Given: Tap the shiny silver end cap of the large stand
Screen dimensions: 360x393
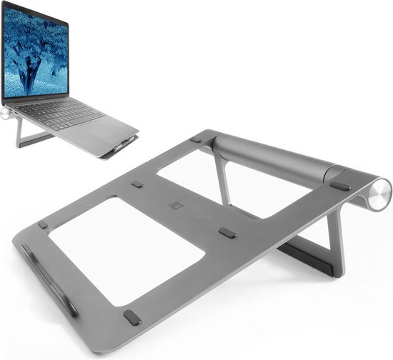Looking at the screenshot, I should tap(380, 191).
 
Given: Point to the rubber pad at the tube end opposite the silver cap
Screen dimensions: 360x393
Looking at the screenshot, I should tap(196, 139).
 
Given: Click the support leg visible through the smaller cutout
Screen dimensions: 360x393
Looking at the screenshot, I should tap(222, 178).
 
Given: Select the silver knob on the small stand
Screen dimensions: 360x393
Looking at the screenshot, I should tap(5, 112).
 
